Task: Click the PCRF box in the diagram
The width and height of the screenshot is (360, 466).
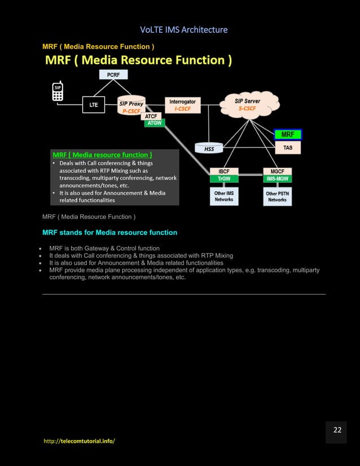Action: coord(113,74)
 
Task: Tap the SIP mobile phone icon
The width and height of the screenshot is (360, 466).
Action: coord(58,91)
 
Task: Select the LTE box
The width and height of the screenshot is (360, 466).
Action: coord(94,105)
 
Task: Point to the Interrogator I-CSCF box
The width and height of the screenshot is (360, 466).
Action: coord(182,105)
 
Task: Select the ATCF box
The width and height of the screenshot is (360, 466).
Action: coord(151,116)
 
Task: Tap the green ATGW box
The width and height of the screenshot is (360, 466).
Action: coord(154,123)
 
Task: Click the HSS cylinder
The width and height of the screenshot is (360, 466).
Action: coord(209,147)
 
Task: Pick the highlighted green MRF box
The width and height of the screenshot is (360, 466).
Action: coord(288,134)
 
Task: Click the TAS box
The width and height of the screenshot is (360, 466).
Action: coord(288,147)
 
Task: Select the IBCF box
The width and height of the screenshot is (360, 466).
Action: coord(224,171)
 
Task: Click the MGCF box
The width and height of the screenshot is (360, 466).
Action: coord(277,171)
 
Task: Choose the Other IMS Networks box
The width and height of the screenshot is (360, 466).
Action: coord(224,196)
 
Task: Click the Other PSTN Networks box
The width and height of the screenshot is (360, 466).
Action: coord(277,196)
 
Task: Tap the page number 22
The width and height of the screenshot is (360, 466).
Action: coord(337,430)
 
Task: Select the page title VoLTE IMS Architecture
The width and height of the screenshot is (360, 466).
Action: coord(180,29)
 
